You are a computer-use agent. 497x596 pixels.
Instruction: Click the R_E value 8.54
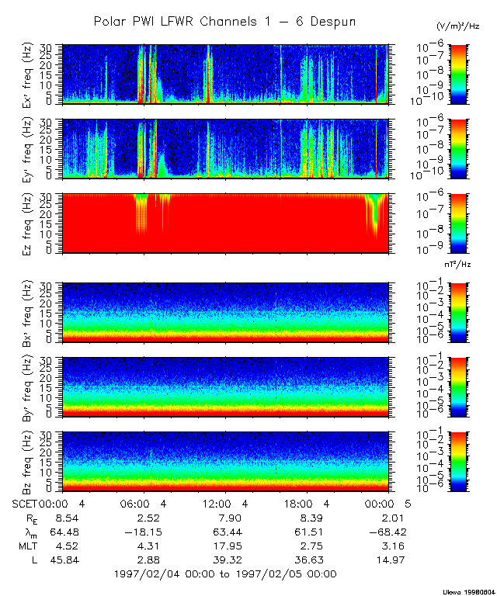pos(61,517)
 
